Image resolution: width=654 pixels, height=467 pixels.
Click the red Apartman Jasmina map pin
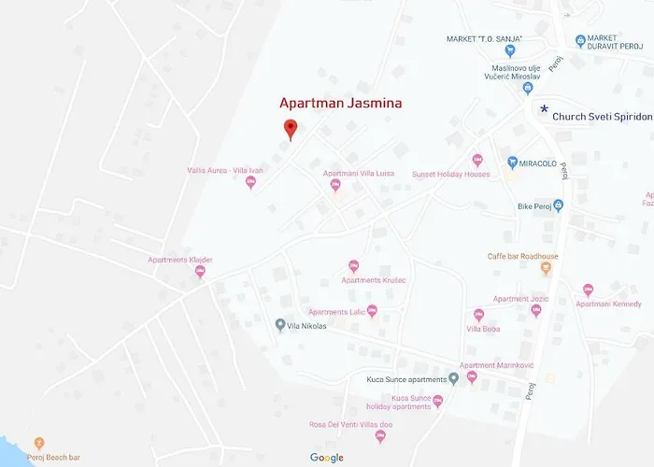click(x=290, y=129)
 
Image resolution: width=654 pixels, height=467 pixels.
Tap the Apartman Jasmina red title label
click(x=341, y=103)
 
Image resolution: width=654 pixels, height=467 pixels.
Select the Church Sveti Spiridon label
click(x=602, y=117)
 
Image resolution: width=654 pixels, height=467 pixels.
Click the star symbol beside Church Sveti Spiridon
click(x=544, y=109)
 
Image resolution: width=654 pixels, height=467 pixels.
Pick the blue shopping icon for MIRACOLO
click(x=512, y=163)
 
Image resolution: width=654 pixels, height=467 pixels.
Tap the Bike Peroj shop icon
click(x=558, y=205)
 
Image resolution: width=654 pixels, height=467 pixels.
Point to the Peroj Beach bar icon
click(x=38, y=443)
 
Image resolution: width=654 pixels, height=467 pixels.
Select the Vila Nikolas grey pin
click(x=280, y=325)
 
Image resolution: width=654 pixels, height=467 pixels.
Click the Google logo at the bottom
click(x=327, y=458)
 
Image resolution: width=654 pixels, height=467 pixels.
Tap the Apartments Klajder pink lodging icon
click(x=200, y=272)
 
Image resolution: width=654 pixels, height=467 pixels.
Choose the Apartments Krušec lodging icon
click(x=353, y=266)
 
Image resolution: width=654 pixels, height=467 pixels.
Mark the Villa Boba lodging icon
click(x=478, y=315)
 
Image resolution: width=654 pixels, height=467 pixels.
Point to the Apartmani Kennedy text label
click(x=608, y=304)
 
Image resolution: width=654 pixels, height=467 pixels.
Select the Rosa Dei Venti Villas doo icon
click(x=380, y=436)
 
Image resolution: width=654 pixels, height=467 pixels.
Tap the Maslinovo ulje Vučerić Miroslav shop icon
click(x=527, y=88)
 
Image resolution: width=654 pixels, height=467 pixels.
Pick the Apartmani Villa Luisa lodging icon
click(x=335, y=185)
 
